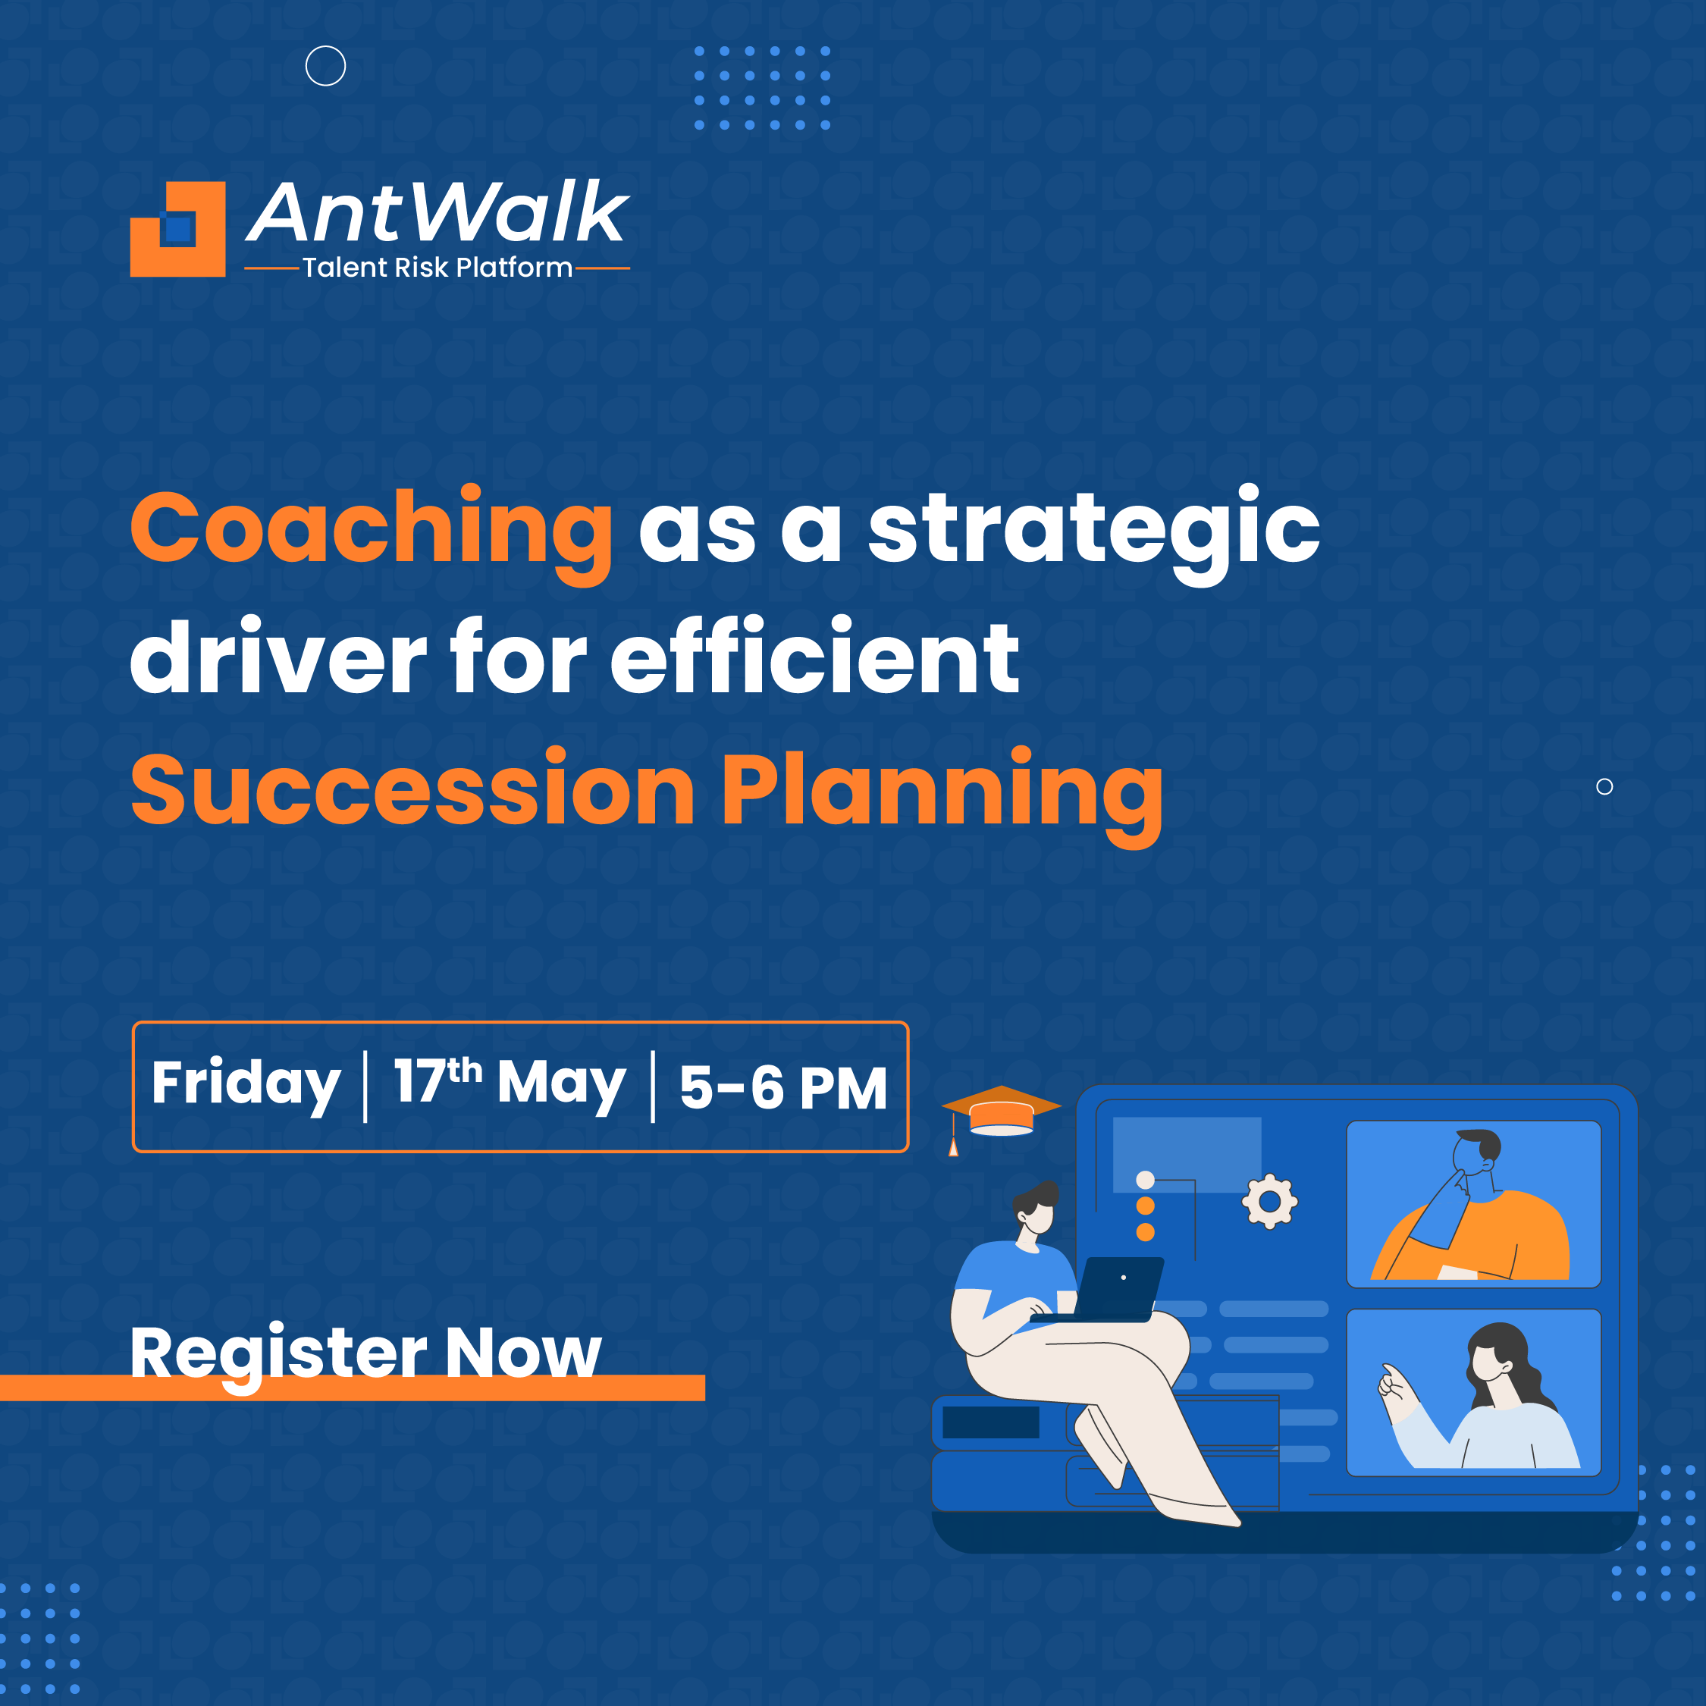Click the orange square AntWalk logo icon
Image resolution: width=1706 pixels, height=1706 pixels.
click(x=177, y=229)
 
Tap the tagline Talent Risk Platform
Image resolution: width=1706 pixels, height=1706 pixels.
click(x=437, y=268)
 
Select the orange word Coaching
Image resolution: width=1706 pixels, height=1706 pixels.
click(x=371, y=532)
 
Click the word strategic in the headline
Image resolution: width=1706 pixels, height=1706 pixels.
click(x=1094, y=532)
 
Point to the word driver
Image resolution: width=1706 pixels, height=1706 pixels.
click(x=279, y=657)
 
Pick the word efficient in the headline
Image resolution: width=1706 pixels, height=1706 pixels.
click(x=815, y=655)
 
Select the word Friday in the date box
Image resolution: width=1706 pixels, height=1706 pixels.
click(x=246, y=1085)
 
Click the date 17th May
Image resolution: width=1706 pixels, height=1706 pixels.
click(x=510, y=1085)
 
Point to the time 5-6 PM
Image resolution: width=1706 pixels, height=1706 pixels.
click(x=783, y=1087)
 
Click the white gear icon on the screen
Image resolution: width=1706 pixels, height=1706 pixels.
click(x=1270, y=1201)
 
